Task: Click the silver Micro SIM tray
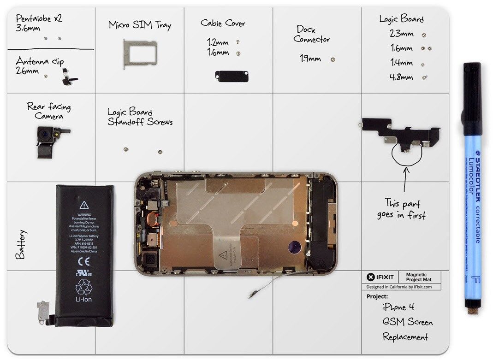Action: click(140, 53)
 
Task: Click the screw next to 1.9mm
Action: click(333, 59)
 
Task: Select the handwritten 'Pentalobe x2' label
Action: click(39, 19)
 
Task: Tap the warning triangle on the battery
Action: click(83, 206)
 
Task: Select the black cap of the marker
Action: click(472, 99)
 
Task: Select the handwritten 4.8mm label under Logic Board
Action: click(401, 77)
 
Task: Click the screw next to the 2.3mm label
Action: click(424, 35)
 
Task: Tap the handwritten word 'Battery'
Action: click(20, 244)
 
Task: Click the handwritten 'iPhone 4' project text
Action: click(398, 307)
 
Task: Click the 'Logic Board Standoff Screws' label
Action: click(140, 117)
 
